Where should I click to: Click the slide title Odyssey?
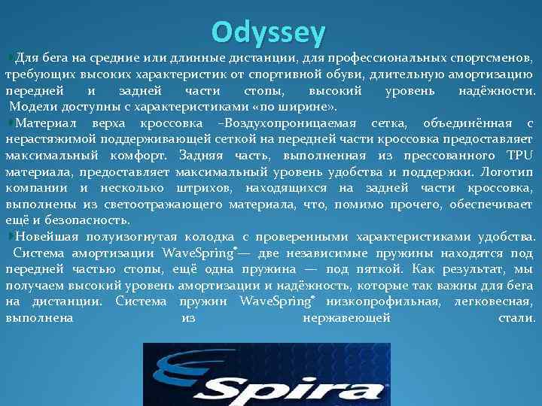269,32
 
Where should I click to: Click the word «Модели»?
32,107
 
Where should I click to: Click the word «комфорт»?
145,156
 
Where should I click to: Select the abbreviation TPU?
519,156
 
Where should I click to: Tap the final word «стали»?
516,318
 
